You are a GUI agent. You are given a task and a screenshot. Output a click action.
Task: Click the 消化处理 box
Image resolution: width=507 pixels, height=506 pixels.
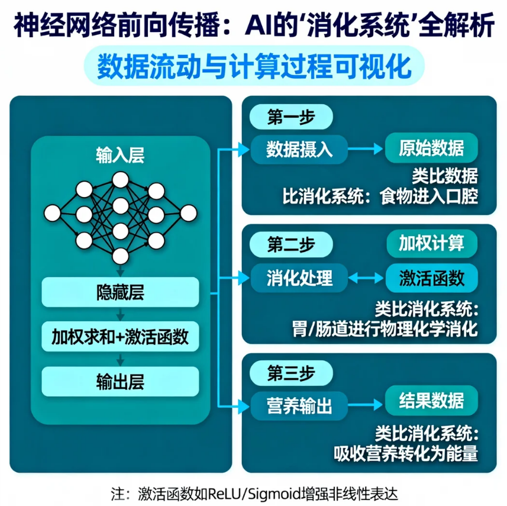click(x=299, y=277)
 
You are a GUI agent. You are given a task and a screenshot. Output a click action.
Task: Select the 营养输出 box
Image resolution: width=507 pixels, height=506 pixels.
click(x=299, y=405)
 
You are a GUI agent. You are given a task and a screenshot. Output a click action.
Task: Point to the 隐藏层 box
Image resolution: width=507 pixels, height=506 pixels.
click(x=121, y=291)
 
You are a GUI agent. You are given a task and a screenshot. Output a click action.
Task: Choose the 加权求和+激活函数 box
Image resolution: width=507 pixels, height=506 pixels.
click(x=121, y=336)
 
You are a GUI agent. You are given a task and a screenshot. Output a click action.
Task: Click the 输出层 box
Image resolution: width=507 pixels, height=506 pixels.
click(x=121, y=381)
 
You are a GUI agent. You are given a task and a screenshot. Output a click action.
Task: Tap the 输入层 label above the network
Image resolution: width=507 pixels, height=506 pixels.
click(x=121, y=156)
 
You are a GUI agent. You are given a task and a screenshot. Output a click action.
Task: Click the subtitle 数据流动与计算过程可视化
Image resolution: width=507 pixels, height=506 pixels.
click(x=254, y=65)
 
